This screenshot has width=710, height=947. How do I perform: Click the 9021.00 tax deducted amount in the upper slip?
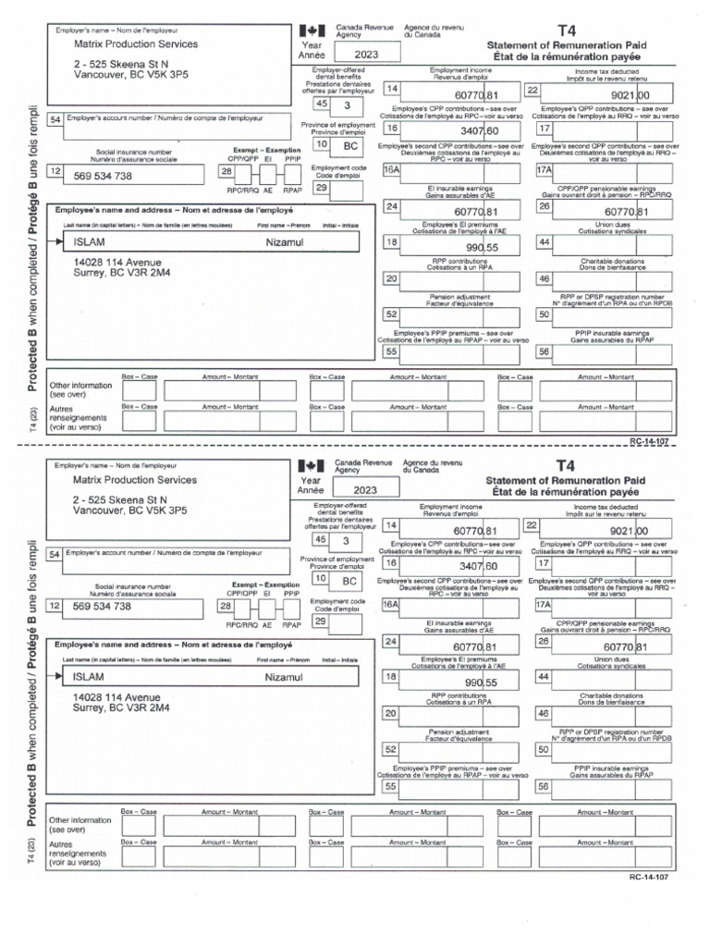tap(630, 94)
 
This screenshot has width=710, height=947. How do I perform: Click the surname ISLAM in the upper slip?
tap(89, 242)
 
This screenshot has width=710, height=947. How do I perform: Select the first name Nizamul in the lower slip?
tap(284, 679)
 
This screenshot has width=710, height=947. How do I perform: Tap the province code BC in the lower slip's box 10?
tap(350, 582)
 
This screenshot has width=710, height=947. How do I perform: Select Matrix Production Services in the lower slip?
tap(135, 480)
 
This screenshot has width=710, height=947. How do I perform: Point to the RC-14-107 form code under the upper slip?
tap(648, 442)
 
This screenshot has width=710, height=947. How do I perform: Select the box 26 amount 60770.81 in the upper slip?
tap(630, 212)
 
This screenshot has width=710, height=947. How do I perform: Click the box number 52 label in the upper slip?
tap(391, 314)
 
